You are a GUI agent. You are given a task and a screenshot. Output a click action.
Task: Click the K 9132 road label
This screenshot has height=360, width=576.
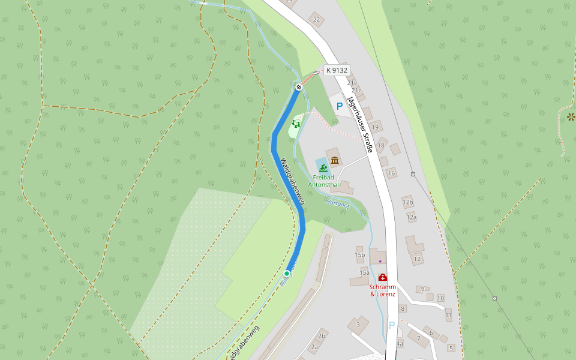click(337, 70)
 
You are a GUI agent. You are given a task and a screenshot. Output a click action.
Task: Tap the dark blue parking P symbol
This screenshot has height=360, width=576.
click(340, 106)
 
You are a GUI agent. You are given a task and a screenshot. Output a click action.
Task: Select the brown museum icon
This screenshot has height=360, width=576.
click(335, 160)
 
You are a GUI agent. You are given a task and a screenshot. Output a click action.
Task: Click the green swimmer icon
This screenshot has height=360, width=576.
click(323, 167)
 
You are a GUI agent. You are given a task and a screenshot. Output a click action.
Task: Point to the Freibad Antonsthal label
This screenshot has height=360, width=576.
click(323, 181)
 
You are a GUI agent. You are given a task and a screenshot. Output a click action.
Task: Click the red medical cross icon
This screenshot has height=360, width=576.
click(382, 277)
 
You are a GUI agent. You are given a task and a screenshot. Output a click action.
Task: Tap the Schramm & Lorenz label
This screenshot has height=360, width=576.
click(382, 290)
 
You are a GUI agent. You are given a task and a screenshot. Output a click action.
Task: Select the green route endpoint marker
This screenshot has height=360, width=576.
click(287, 274)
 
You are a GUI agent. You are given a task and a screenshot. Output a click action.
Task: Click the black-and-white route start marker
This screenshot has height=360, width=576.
click(298, 88)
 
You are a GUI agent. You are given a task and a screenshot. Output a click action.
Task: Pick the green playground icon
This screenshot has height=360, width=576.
click(295, 124)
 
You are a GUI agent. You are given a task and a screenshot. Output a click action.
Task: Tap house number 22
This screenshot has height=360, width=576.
click(316, 20)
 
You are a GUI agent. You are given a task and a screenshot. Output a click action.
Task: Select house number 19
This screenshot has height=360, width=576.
click(376, 127)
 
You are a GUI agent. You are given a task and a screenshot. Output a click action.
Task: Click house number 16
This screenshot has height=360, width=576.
click(391, 173)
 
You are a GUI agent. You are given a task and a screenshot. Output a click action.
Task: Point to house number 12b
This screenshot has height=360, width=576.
click(408, 202)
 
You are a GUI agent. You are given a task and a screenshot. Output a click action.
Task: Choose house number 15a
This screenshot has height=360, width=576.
click(364, 272)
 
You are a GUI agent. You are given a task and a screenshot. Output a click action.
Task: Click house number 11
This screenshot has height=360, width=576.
click(448, 314)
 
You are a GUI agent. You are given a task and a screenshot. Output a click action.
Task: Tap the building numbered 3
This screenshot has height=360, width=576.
click(358, 325)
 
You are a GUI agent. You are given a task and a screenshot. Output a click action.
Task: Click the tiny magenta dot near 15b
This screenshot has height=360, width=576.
click(380, 261)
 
